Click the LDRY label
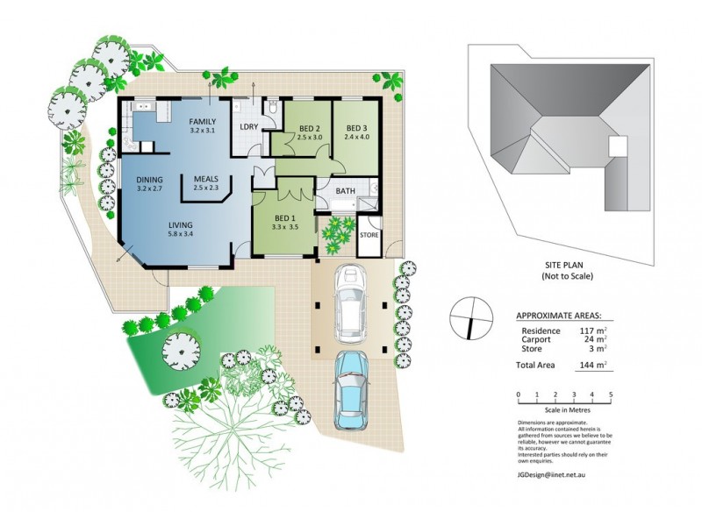click(248, 126)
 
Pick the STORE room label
click(369, 235)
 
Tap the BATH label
click(345, 190)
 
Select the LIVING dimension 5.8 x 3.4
click(182, 234)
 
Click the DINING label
click(150, 179)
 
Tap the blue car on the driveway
click(353, 388)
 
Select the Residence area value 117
click(589, 331)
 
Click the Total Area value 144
click(589, 362)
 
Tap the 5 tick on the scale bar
click(610, 394)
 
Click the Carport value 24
click(591, 341)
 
